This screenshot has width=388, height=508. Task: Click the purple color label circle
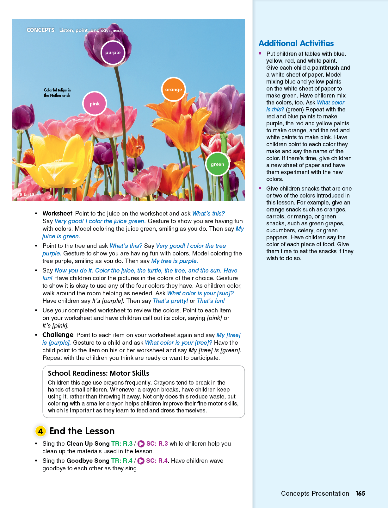click(x=113, y=53)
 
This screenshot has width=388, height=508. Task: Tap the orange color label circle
click(x=173, y=90)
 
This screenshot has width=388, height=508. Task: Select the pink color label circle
click(x=95, y=104)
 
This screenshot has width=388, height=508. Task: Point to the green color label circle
click(x=217, y=164)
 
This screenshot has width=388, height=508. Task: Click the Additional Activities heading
click(x=296, y=43)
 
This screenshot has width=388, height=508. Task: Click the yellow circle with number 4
click(x=40, y=431)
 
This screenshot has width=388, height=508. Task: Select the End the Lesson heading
click(x=82, y=431)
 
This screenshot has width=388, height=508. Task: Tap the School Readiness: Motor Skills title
click(x=98, y=373)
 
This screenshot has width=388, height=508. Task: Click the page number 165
click(x=360, y=493)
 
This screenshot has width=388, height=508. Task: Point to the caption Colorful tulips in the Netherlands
click(x=57, y=93)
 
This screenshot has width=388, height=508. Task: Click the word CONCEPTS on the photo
click(x=40, y=30)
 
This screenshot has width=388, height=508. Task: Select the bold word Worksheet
click(x=57, y=214)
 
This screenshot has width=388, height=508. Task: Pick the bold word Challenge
click(x=58, y=335)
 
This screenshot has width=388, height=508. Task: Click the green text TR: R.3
click(x=122, y=444)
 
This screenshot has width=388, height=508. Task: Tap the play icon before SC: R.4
click(x=141, y=461)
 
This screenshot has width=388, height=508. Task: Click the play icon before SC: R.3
click(x=141, y=444)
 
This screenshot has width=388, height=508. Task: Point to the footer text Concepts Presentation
click(x=315, y=493)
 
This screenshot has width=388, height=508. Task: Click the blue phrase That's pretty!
click(x=170, y=301)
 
